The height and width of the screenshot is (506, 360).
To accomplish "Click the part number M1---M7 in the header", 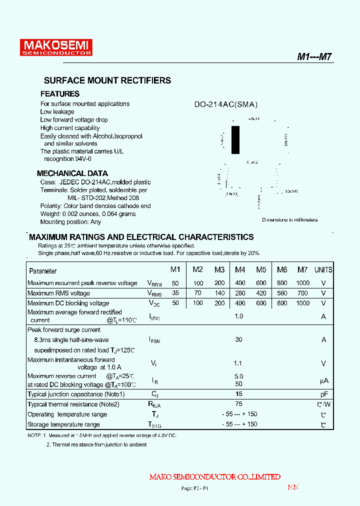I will pyautogui.click(x=314, y=56).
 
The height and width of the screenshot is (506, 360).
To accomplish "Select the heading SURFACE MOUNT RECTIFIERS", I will pyautogui.click(x=107, y=80).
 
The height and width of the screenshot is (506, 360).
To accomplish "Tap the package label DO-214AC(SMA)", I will pyautogui.click(x=226, y=104).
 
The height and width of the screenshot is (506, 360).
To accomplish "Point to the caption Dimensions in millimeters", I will pyautogui.click(x=289, y=220).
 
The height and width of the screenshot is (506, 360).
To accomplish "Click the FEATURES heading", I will pyautogui.click(x=60, y=94).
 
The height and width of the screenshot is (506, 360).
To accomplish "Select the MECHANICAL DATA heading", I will pyautogui.click(x=72, y=173).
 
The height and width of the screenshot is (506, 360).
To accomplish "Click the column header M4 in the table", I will pyautogui.click(x=240, y=269).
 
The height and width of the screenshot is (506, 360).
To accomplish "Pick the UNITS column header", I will pyautogui.click(x=323, y=269).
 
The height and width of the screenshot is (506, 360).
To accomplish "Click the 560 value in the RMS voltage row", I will pyautogui.click(x=282, y=293).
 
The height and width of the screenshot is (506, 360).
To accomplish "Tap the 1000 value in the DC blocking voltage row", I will pyautogui.click(x=302, y=303).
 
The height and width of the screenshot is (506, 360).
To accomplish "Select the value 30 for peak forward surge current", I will pyautogui.click(x=238, y=339).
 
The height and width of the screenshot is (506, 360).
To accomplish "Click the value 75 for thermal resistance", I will pyautogui.click(x=238, y=404).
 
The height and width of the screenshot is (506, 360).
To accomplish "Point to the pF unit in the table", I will pyautogui.click(x=323, y=394).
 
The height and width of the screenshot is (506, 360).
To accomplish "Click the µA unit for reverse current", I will pyautogui.click(x=323, y=380).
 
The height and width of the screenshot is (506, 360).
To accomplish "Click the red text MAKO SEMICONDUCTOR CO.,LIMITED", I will pyautogui.click(x=214, y=477).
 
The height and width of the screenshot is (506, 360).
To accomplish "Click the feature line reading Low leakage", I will pyautogui.click(x=57, y=112).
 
